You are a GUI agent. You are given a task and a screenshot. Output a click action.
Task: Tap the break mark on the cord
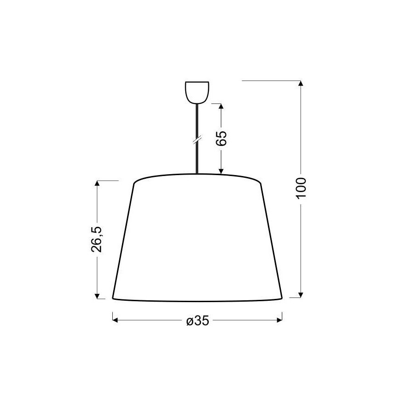197,139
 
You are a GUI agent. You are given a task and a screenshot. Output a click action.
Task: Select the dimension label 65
221,138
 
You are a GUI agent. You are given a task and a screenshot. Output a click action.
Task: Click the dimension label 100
301,187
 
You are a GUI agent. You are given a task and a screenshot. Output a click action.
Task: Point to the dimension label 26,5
97,239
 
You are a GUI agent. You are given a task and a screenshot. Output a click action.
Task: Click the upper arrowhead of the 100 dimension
301,84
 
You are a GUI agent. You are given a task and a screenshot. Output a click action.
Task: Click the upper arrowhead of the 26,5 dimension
97,183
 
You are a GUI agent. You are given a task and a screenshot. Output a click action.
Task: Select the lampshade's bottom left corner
113,298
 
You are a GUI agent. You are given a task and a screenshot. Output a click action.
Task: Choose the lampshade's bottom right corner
282,298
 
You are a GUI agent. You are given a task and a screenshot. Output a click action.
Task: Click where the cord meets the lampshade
197,174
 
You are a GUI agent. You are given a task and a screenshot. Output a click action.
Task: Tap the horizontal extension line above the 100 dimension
270,81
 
